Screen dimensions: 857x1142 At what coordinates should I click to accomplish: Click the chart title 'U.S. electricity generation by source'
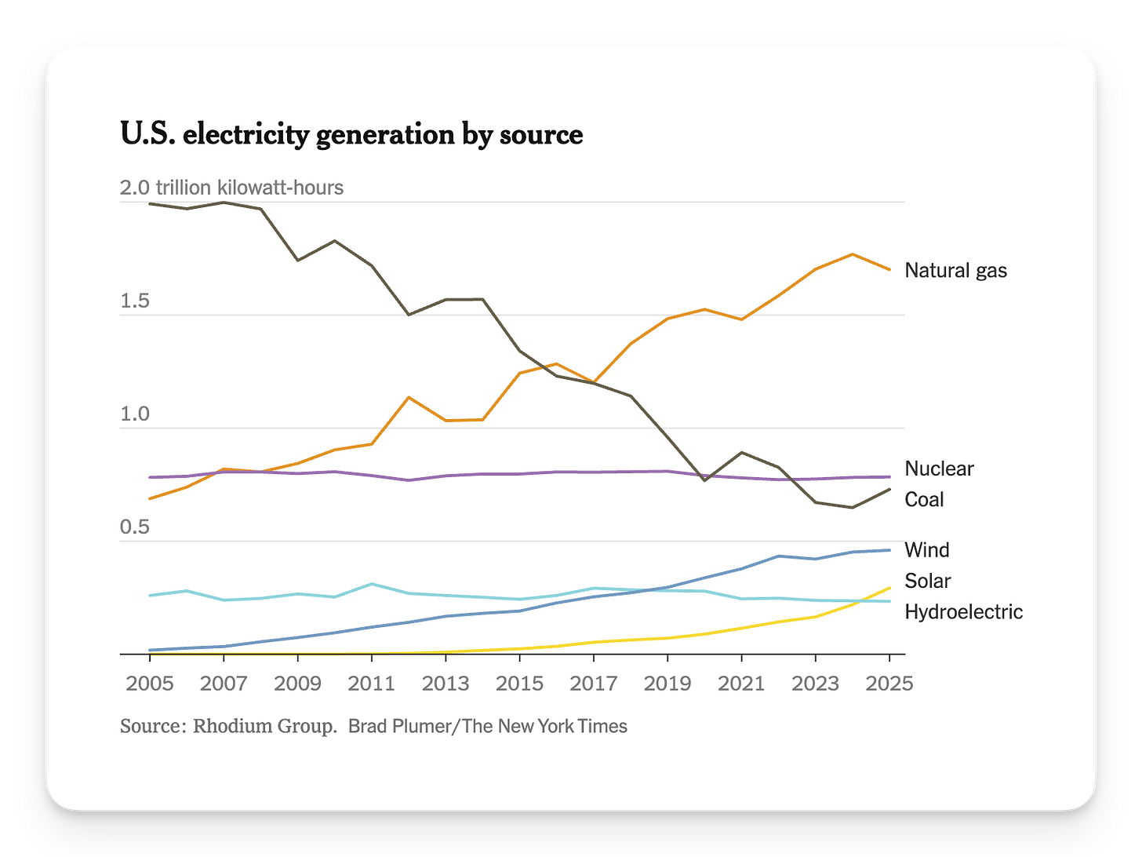pyautogui.click(x=351, y=135)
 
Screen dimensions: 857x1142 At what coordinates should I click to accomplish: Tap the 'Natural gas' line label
pyautogui.click(x=955, y=271)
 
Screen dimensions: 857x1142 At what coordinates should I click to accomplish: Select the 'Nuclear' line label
pyautogui.click(x=939, y=469)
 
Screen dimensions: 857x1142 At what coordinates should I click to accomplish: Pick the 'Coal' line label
pyautogui.click(x=924, y=499)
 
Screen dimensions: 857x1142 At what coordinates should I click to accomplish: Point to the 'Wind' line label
pyautogui.click(x=926, y=550)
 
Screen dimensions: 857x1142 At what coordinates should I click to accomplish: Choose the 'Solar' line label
pyautogui.click(x=927, y=581)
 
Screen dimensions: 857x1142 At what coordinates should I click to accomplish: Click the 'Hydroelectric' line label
pyautogui.click(x=963, y=611)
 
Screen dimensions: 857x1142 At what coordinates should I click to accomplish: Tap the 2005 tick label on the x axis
pyautogui.click(x=150, y=684)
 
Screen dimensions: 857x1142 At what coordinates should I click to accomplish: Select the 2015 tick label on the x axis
pyautogui.click(x=519, y=684)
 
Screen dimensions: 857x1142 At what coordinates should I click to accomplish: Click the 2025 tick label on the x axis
pyautogui.click(x=889, y=684)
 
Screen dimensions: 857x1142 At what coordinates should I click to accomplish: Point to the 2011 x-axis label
pyautogui.click(x=371, y=684)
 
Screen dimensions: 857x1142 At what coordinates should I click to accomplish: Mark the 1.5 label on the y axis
pyautogui.click(x=134, y=303)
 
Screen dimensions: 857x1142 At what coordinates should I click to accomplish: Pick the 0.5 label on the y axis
pyautogui.click(x=134, y=527)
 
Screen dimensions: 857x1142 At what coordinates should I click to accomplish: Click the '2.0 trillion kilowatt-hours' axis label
pyautogui.click(x=231, y=188)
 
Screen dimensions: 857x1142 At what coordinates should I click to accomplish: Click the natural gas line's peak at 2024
pyautogui.click(x=853, y=254)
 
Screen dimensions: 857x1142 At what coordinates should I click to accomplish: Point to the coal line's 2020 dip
pyautogui.click(x=704, y=480)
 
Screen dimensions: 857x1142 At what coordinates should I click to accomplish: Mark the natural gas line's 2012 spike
pyautogui.click(x=409, y=397)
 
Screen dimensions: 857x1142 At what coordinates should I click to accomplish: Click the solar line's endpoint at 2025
pyautogui.click(x=889, y=588)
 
